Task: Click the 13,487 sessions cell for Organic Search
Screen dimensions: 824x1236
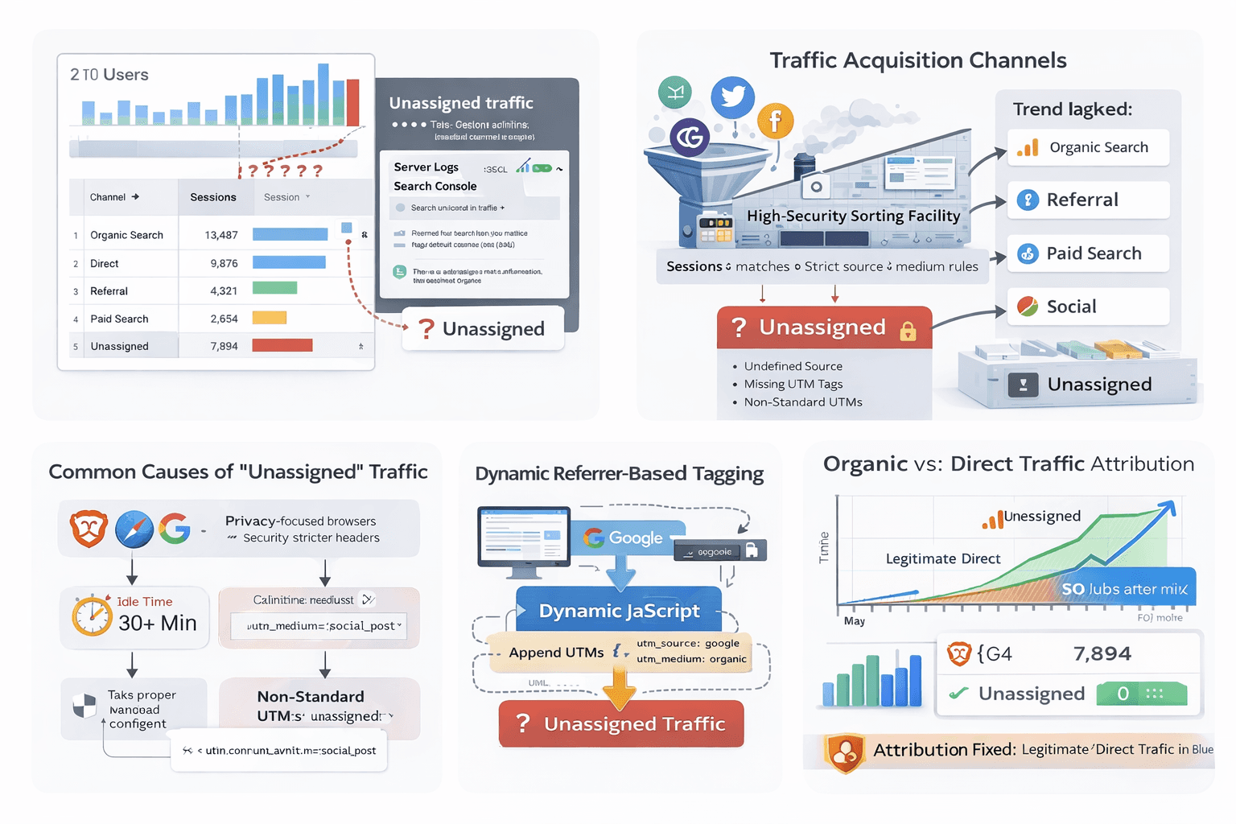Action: point(221,235)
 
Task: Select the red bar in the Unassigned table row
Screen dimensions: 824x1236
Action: point(282,345)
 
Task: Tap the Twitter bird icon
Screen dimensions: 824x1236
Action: point(732,97)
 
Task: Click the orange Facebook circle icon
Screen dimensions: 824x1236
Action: point(775,122)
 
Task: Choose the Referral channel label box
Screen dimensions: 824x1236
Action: point(1088,200)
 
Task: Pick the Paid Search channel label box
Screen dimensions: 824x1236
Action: point(1088,253)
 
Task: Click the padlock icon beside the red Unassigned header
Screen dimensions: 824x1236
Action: point(908,330)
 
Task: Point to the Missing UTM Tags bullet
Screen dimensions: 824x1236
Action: point(793,384)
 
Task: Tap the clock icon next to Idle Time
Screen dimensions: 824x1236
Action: point(92,616)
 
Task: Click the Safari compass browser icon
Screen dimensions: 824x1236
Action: point(134,529)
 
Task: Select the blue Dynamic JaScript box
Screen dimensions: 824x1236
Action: point(618,611)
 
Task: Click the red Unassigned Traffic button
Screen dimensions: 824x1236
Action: point(620,723)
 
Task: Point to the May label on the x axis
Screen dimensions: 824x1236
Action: point(855,621)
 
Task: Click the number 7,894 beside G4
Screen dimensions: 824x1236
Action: point(1102,653)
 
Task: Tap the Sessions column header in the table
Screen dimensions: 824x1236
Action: point(213,197)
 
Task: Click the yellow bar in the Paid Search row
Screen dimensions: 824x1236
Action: point(270,318)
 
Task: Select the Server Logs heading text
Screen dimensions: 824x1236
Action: point(426,167)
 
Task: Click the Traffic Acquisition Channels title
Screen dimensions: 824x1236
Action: point(917,60)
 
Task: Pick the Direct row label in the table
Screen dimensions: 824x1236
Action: point(105,263)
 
